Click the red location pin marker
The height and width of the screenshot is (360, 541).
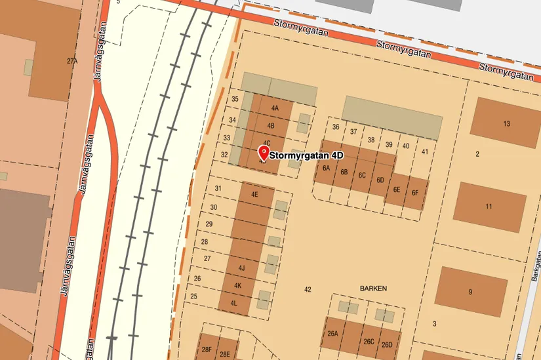(263, 154)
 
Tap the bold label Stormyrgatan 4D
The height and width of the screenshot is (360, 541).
(307, 156)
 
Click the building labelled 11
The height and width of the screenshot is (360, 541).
(489, 207)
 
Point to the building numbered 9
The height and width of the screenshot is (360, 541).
(470, 292)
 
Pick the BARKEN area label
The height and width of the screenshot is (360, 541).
(373, 289)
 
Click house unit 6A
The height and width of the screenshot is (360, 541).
(326, 168)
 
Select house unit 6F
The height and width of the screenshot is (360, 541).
(414, 193)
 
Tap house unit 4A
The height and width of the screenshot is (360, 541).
(275, 108)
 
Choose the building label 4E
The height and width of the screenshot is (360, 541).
(254, 195)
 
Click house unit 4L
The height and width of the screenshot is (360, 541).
(233, 303)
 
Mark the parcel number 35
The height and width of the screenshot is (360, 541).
(235, 99)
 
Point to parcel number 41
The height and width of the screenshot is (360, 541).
(425, 151)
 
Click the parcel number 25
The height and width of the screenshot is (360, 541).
(194, 296)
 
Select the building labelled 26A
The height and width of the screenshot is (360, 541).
(332, 334)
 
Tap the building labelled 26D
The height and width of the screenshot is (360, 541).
(387, 345)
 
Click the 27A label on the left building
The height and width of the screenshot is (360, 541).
(72, 61)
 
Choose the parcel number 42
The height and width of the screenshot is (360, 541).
(308, 289)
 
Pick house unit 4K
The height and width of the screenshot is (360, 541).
(238, 286)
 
